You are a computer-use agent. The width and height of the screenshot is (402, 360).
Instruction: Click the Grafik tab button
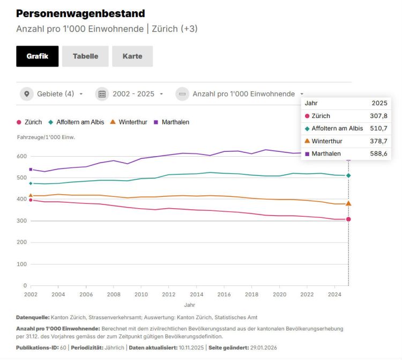37,56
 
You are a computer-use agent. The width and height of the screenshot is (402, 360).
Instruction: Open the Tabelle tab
85,56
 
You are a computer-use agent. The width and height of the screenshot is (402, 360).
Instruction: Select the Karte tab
132,56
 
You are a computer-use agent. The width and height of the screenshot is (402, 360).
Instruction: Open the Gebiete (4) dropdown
53,94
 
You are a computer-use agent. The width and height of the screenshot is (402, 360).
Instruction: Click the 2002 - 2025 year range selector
130,94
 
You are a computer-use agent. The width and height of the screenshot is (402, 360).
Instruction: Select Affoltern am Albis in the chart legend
76,122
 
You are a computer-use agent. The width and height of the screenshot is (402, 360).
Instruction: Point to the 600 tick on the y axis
21,156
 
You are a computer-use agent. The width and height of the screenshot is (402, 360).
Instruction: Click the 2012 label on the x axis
168,295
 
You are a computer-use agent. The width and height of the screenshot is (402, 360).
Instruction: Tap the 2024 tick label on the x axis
334,295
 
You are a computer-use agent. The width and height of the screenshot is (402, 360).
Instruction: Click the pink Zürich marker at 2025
348,219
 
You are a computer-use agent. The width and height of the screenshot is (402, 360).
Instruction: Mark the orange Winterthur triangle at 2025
348,203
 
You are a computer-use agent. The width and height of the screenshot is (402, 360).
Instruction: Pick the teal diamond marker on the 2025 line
348,175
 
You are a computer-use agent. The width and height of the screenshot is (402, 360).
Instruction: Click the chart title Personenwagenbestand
80,13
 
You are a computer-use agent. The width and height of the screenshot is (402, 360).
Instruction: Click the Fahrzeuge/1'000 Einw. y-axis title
46,137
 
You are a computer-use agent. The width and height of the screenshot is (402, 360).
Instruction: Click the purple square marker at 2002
31,170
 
